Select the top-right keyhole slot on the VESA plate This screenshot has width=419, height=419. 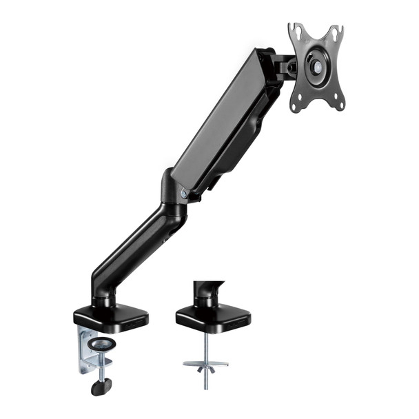pyautogui.click(x=336, y=32)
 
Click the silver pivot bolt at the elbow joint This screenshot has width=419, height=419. pyautogui.click(x=183, y=194)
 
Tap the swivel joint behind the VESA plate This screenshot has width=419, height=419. pyautogui.click(x=284, y=67)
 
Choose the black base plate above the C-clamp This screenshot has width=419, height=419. pyautogui.click(x=110, y=317)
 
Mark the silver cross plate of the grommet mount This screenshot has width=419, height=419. pyautogui.click(x=205, y=362)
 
